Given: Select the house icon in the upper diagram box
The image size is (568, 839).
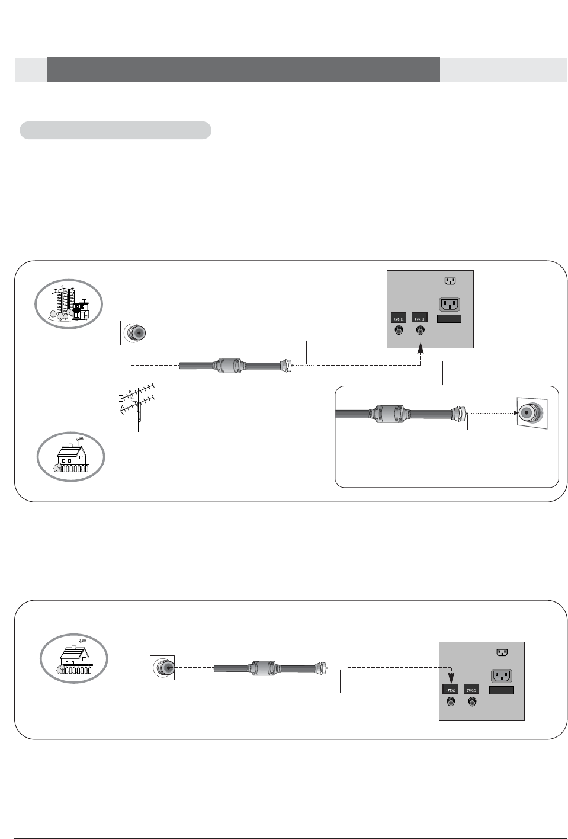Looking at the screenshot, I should click(70, 457).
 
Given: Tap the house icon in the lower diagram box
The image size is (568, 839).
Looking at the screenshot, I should click(73, 658).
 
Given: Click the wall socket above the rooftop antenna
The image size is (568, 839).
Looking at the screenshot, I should click(133, 334).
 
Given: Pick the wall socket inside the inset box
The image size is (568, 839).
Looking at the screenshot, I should click(531, 412).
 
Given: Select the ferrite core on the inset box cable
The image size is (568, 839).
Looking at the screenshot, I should click(390, 414).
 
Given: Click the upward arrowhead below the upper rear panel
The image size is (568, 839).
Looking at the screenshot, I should click(421, 350).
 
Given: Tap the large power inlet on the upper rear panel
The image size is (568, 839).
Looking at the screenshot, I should click(450, 305).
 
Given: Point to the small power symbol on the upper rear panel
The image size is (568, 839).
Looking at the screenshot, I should click(450, 281).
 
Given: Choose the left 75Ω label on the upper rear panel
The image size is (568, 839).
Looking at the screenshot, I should click(399, 319).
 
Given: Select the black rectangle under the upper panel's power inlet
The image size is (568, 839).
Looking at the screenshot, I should click(450, 319).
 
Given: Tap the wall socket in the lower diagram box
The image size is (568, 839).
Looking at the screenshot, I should click(162, 668).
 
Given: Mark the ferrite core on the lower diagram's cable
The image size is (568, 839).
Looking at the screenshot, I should click(263, 668).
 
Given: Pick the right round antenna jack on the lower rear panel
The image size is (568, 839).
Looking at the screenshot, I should click(472, 703).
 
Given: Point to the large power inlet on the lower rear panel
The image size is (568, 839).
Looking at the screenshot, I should click(501, 675).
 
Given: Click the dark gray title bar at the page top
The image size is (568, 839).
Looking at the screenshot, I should click(243, 70).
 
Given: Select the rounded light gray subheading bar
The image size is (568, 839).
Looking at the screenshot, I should click(115, 130).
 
